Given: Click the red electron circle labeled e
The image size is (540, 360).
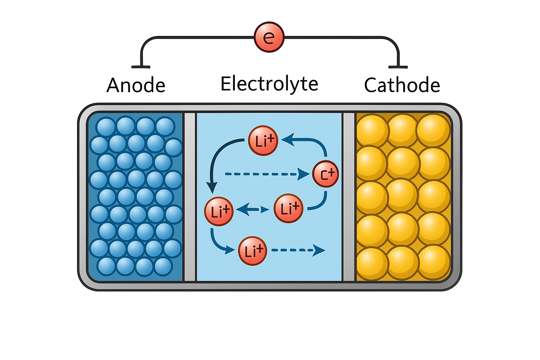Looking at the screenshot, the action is pyautogui.click(x=269, y=37).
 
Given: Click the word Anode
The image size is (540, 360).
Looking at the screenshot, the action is pyautogui.click(x=136, y=85).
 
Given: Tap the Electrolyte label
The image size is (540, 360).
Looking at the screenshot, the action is pyautogui.click(x=269, y=84).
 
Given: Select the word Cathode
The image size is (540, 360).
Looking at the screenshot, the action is pyautogui.click(x=402, y=85).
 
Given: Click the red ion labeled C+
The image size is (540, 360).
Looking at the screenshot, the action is pyautogui.click(x=326, y=174).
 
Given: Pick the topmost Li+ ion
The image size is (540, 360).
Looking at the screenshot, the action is pyautogui.click(x=263, y=141).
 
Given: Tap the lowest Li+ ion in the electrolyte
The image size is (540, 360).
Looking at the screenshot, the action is pyautogui.click(x=253, y=251).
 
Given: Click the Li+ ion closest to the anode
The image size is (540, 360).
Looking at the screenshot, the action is pyautogui.click(x=219, y=212).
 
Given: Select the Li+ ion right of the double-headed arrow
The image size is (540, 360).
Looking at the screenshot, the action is pyautogui.click(x=288, y=208).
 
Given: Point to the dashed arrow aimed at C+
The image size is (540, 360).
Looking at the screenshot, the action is pyautogui.click(x=267, y=174).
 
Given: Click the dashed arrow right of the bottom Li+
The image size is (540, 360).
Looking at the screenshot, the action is pyautogui.click(x=298, y=250).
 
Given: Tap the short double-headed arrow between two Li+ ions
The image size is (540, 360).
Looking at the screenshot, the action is pyautogui.click(x=253, y=209).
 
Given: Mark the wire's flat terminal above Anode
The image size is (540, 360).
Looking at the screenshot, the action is pyautogui.click(x=141, y=67).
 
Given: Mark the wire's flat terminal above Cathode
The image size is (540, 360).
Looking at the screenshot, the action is pyautogui.click(x=398, y=67).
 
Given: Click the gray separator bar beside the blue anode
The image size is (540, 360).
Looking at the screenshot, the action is pyautogui.click(x=190, y=197).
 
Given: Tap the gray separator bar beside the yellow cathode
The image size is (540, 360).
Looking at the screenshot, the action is pyautogui.click(x=349, y=197).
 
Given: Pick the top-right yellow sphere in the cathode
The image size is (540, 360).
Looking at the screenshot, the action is pyautogui.click(x=433, y=130).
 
